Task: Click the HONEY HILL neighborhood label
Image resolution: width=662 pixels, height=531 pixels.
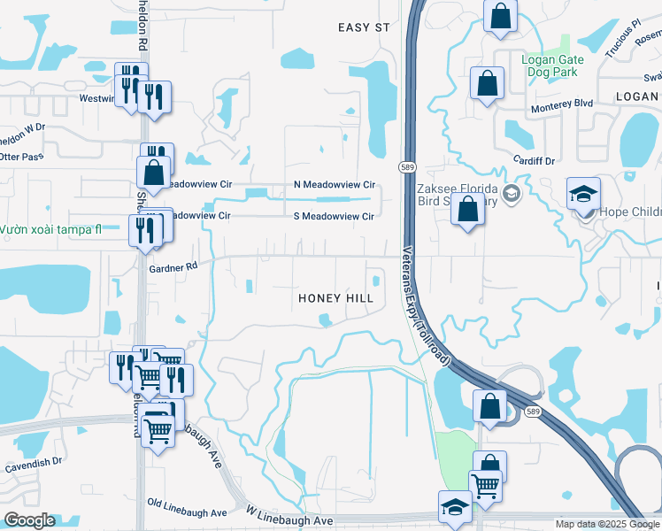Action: pyautogui.click(x=335, y=298)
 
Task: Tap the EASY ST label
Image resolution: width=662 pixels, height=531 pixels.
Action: pyautogui.click(x=364, y=27)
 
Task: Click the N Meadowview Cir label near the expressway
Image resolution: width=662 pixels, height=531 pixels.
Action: pyautogui.click(x=335, y=185)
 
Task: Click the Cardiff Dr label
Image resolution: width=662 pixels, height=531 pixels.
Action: pyautogui.click(x=534, y=161)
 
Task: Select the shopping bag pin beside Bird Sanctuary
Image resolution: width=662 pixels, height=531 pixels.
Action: pyautogui.click(x=468, y=211)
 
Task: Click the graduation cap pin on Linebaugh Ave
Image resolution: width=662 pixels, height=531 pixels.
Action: pyautogui.click(x=455, y=508)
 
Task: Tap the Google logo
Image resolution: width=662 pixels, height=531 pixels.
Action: pyautogui.click(x=29, y=520)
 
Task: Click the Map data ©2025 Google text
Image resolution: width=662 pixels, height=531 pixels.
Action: pyautogui.click(x=607, y=524)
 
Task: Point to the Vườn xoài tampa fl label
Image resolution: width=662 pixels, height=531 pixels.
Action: pyautogui.click(x=50, y=228)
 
